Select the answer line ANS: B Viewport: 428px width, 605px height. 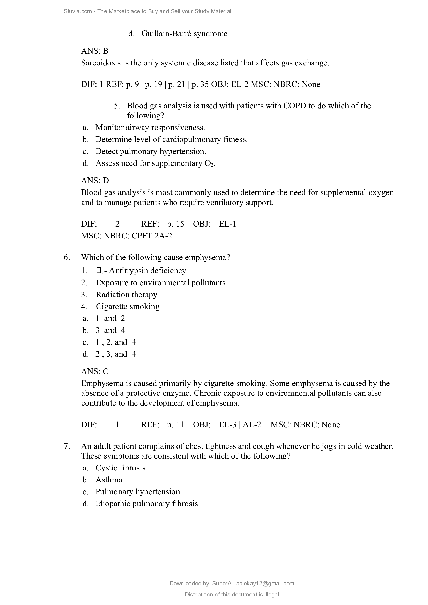pyautogui.click(x=95, y=51)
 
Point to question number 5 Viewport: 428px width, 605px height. pyautogui.click(x=117, y=106)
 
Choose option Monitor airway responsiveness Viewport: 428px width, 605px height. pyautogui.click(x=150, y=128)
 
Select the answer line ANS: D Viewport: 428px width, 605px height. pyautogui.click(x=95, y=181)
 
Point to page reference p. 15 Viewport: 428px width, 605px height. pyautogui.click(x=175, y=224)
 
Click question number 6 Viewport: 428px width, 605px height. pyautogui.click(x=67, y=257)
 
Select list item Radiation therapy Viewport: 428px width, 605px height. pyautogui.click(x=127, y=295)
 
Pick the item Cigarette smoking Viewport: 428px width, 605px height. pyautogui.click(x=128, y=307)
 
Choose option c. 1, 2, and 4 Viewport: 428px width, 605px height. pyautogui.click(x=115, y=342)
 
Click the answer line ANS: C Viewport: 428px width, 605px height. pyautogui.click(x=95, y=371)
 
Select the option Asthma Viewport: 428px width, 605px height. pyautogui.click(x=109, y=480)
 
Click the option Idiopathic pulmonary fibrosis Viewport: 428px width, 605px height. pyautogui.click(x=146, y=504)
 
